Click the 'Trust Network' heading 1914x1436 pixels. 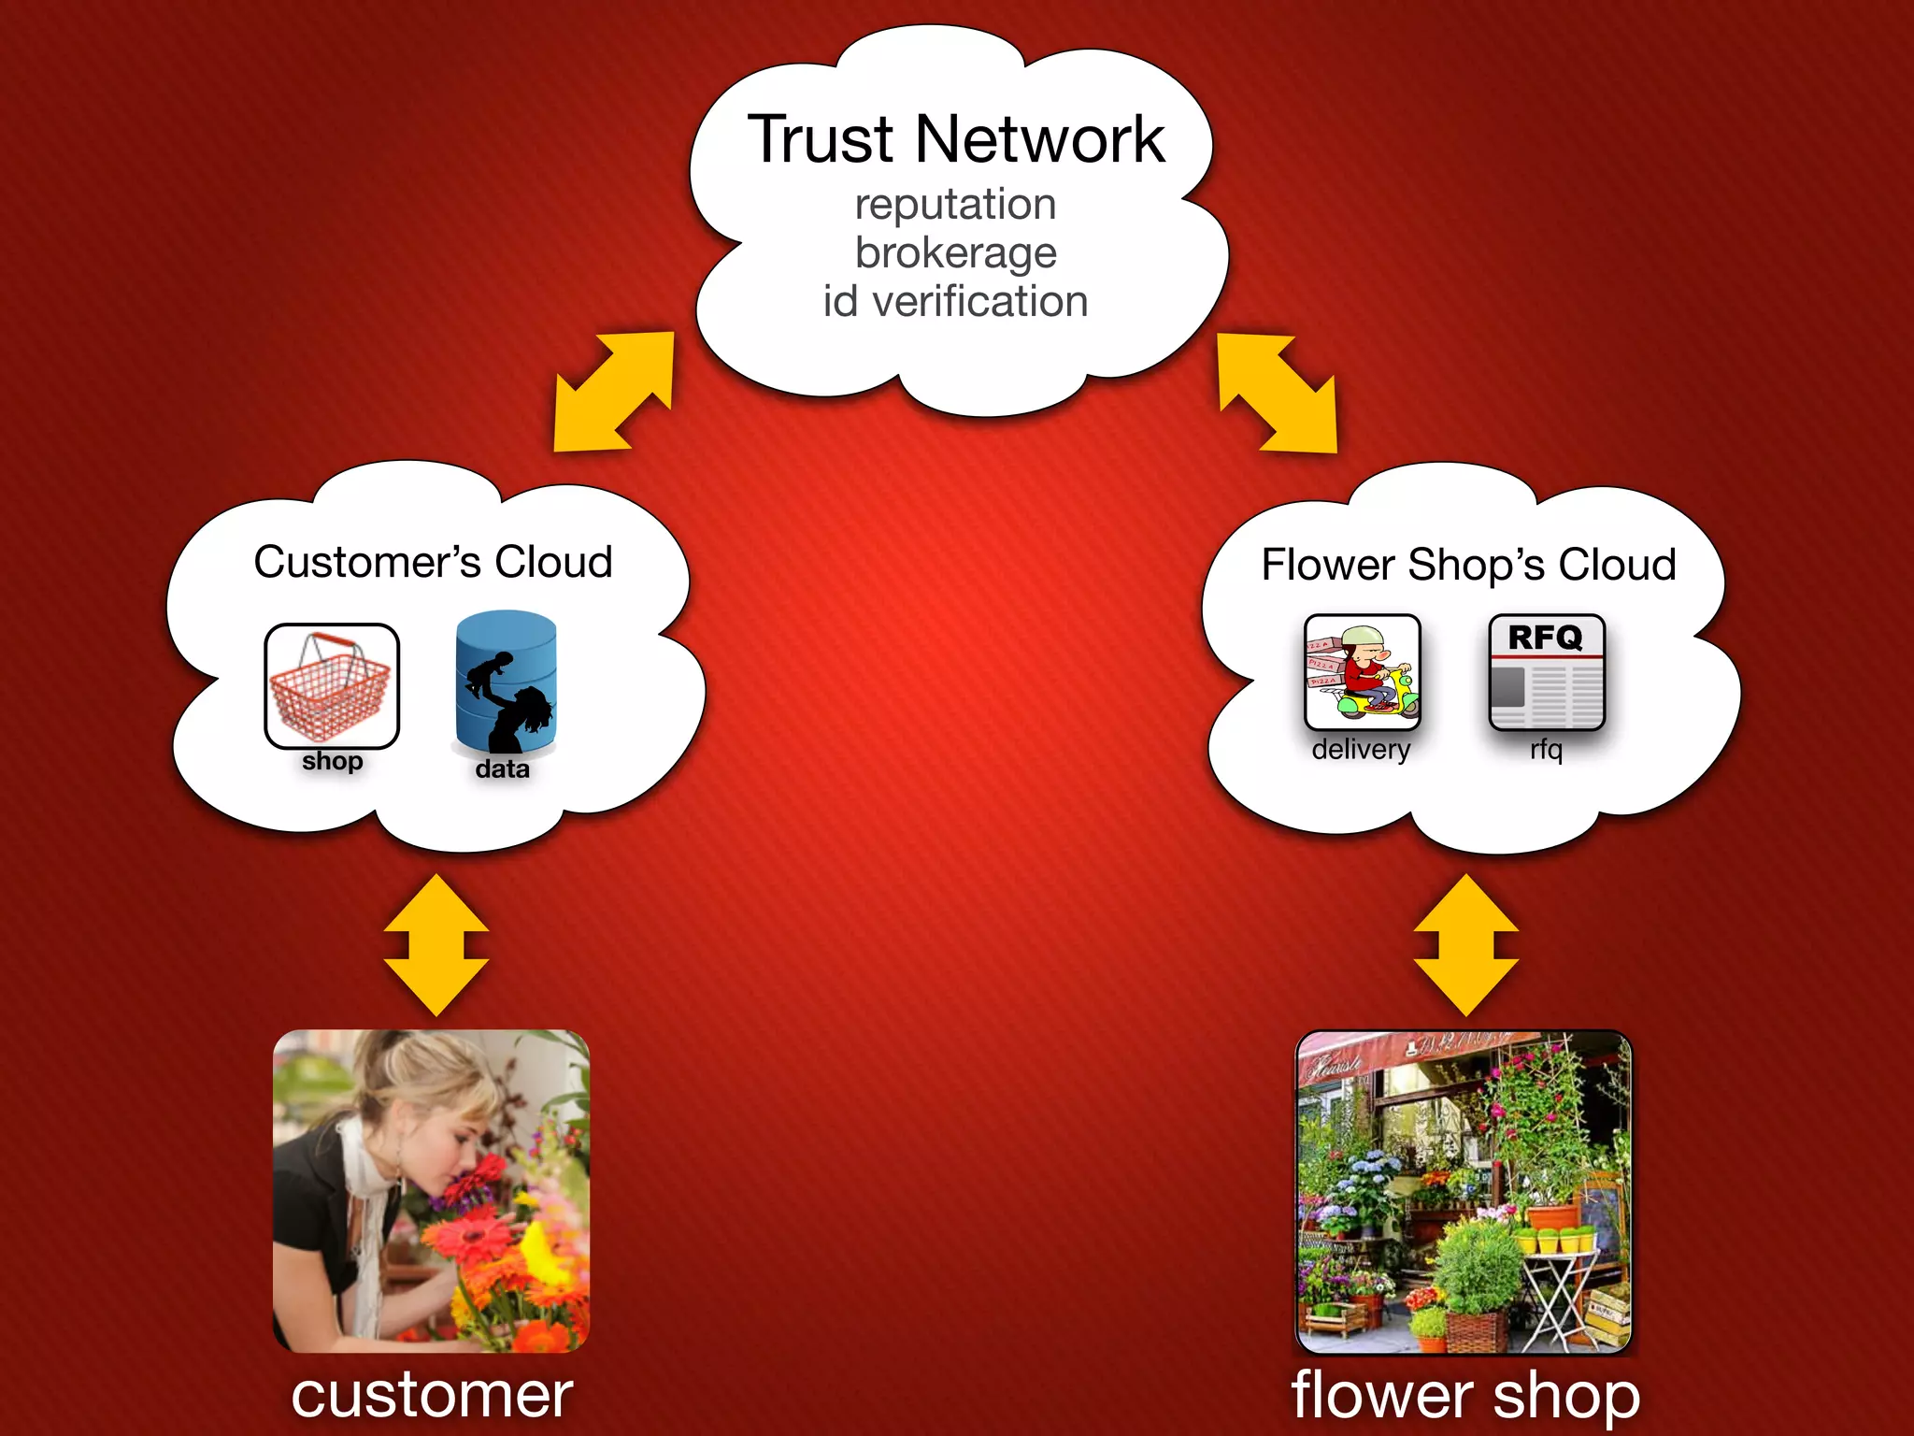pyautogui.click(x=955, y=140)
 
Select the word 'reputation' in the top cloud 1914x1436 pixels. pyautogui.click(x=955, y=205)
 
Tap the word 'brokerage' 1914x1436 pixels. pyautogui.click(x=955, y=253)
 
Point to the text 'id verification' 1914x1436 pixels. pyautogui.click(x=955, y=302)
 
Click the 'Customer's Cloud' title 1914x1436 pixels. pyautogui.click(x=433, y=563)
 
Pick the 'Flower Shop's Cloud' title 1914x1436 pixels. pyautogui.click(x=1468, y=566)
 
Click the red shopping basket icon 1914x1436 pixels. pyautogui.click(x=332, y=686)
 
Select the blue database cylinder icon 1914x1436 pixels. pyautogui.click(x=506, y=682)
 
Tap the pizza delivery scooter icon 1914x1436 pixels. pyautogui.click(x=1362, y=672)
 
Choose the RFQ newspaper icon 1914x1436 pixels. pyautogui.click(x=1547, y=672)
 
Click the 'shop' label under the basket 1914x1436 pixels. pyautogui.click(x=332, y=761)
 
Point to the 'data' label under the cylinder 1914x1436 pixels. pyautogui.click(x=502, y=769)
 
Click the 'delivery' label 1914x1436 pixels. pyautogui.click(x=1361, y=750)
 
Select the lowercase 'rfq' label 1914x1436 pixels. pyautogui.click(x=1547, y=750)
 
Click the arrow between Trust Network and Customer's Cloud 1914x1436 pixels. pyautogui.click(x=614, y=392)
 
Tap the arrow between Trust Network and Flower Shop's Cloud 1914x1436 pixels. pyautogui.click(x=1277, y=394)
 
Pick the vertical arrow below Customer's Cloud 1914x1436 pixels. pyautogui.click(x=436, y=945)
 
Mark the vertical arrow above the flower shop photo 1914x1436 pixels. pyautogui.click(x=1465, y=945)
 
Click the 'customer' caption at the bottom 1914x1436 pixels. pyautogui.click(x=432, y=1396)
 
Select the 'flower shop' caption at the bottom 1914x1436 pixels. pyautogui.click(x=1464, y=1396)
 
